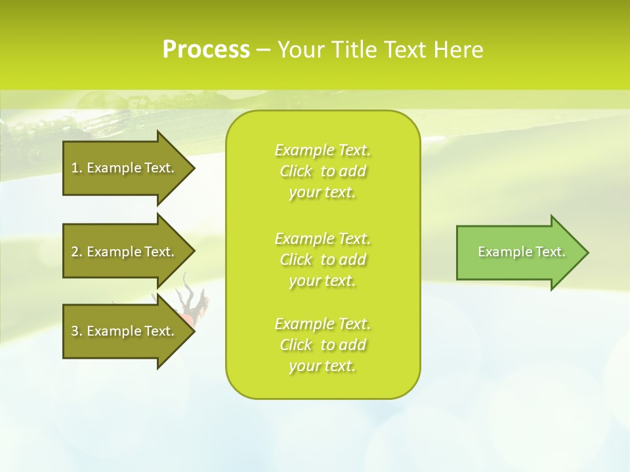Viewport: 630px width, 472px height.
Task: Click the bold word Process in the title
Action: tap(206, 50)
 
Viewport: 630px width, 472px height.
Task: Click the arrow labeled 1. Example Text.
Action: tap(125, 168)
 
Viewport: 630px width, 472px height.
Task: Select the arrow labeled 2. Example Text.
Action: tap(125, 252)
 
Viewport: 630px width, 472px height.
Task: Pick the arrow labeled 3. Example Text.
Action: tap(125, 331)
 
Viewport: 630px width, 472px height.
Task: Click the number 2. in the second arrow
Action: tap(77, 252)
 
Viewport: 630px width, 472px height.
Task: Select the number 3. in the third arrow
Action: tap(77, 331)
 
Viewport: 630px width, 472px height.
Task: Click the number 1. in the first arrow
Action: tap(77, 168)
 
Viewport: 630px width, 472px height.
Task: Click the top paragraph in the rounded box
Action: tap(322, 171)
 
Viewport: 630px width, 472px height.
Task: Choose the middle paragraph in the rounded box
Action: tap(322, 260)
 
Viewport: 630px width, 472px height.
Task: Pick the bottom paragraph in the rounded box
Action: tap(322, 345)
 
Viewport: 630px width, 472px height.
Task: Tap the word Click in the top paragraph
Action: tap(296, 171)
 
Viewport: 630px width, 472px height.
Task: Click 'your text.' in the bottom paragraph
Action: tap(322, 366)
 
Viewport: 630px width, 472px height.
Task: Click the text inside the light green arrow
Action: tap(521, 252)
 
